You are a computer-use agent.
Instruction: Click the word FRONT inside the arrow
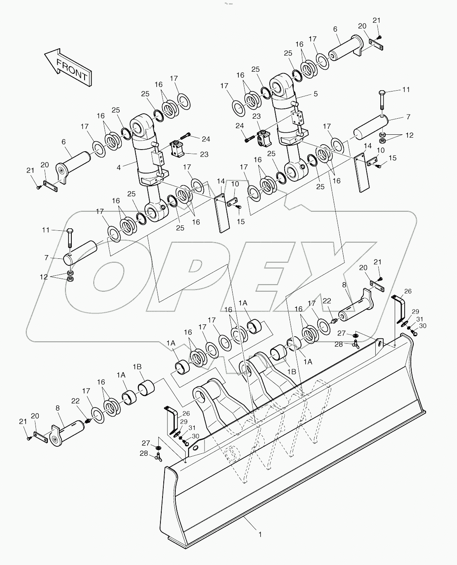click(x=72, y=70)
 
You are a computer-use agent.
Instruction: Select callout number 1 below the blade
click(x=260, y=535)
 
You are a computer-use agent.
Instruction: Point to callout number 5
click(x=316, y=94)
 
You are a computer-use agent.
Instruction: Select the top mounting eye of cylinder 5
click(x=282, y=86)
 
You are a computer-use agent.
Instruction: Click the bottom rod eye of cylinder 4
click(x=154, y=213)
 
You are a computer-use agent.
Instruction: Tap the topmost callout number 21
click(x=377, y=21)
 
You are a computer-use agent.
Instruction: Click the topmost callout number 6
click(x=335, y=29)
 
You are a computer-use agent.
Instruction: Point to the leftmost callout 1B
click(x=137, y=366)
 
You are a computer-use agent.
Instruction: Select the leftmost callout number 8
click(x=57, y=408)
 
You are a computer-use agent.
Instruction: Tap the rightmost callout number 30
click(x=422, y=326)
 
